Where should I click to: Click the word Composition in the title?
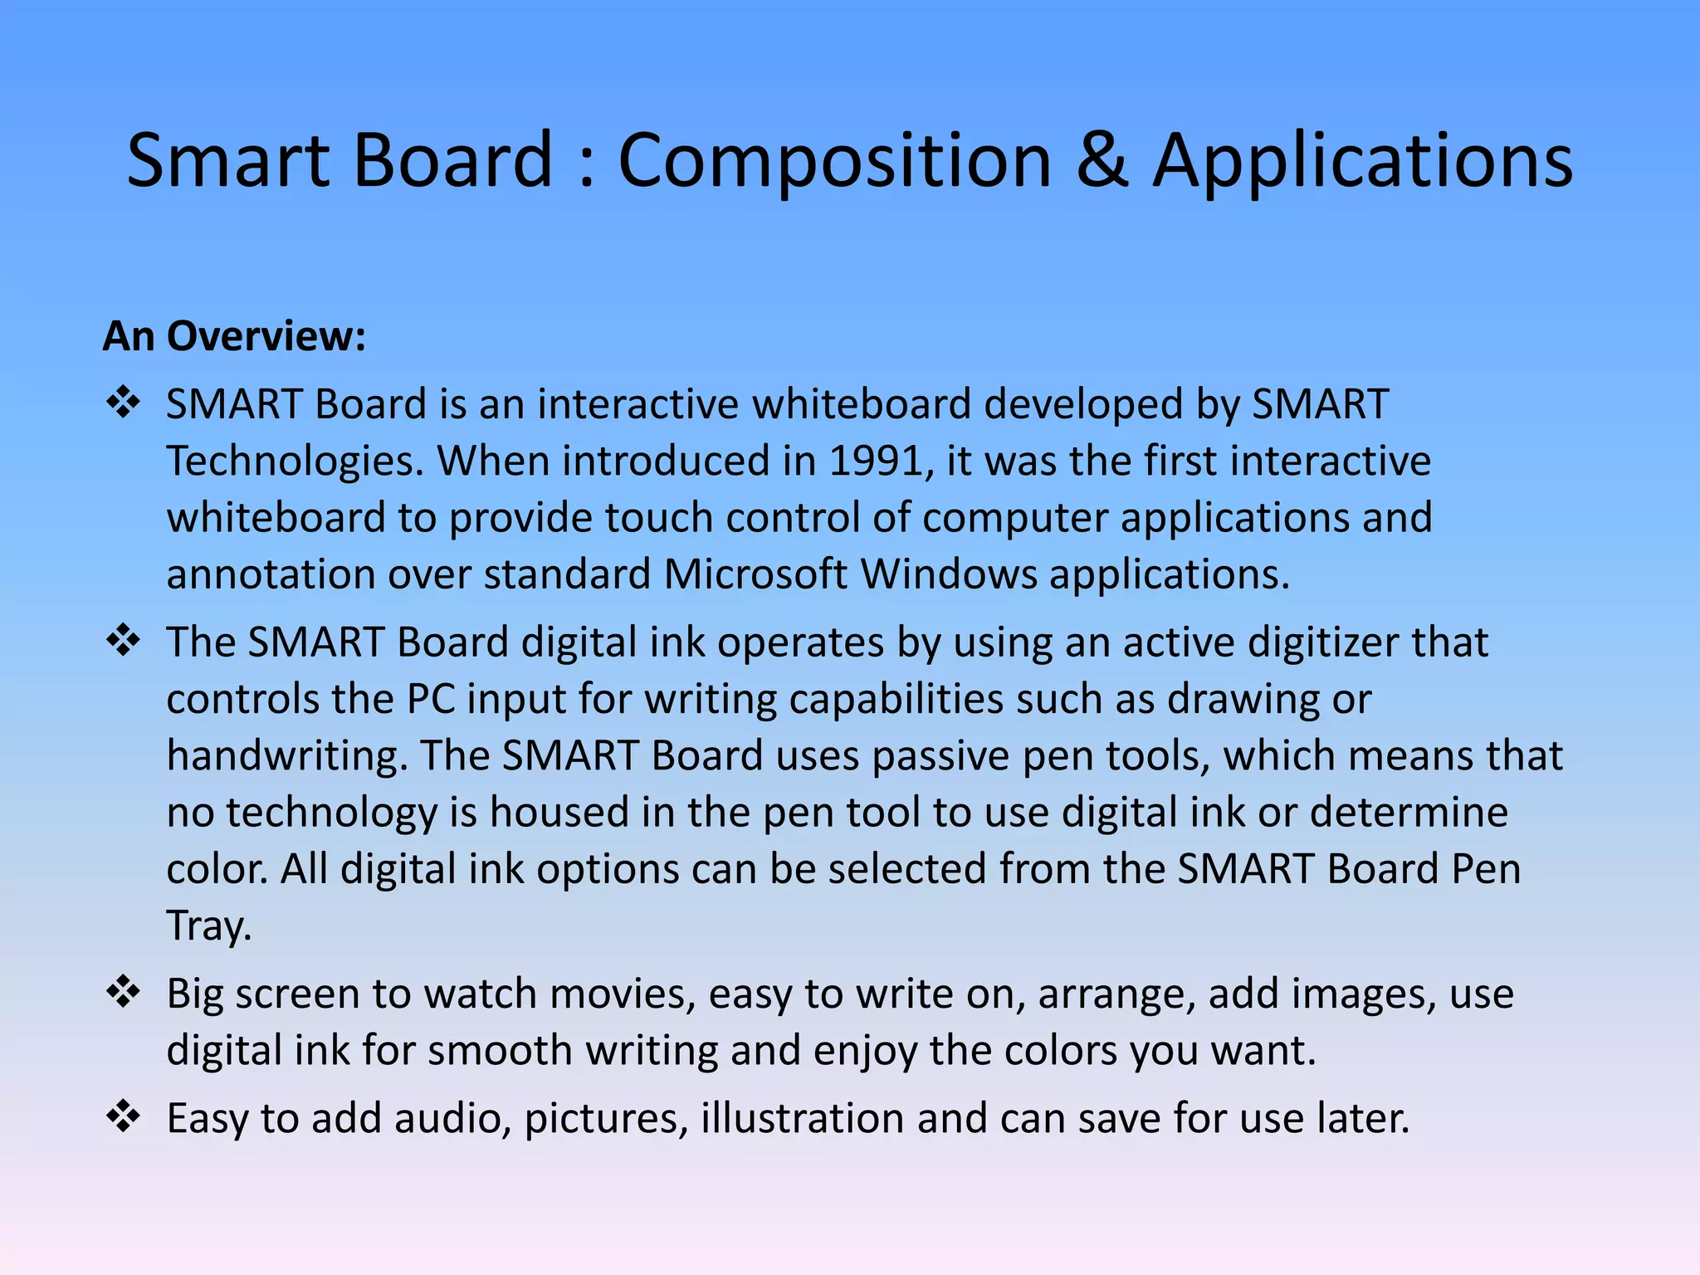click(x=835, y=162)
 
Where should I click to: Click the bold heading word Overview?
click(x=266, y=337)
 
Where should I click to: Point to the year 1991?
click(x=877, y=462)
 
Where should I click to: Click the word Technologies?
click(x=295, y=462)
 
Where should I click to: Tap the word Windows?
click(x=949, y=574)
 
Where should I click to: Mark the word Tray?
click(x=208, y=926)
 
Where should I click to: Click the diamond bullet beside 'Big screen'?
click(x=123, y=992)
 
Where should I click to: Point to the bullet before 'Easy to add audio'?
click(x=123, y=1116)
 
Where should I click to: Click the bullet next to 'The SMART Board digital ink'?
click(x=123, y=641)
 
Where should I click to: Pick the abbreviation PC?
click(x=430, y=700)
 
